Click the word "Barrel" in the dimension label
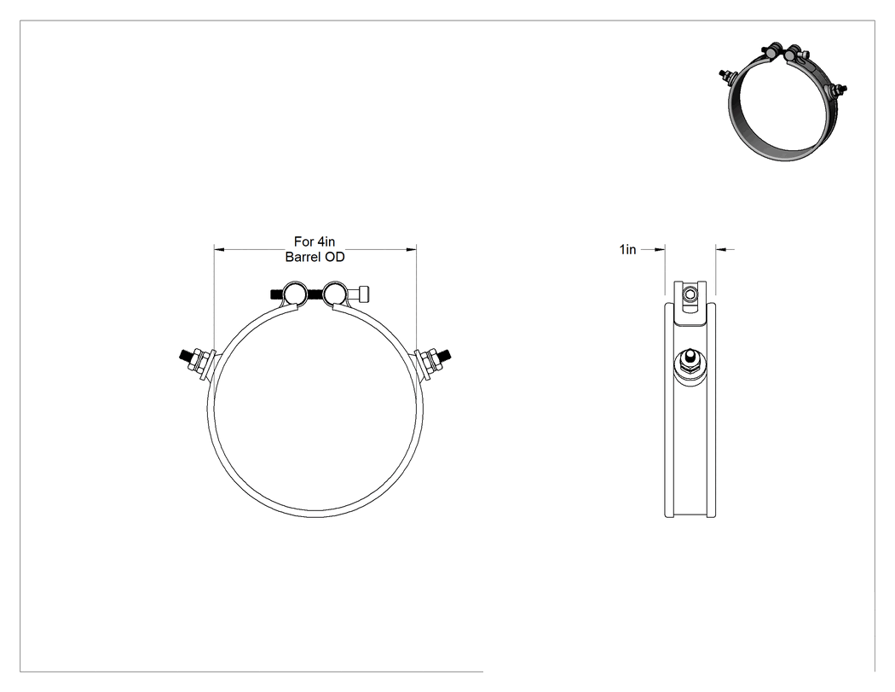[x=303, y=257]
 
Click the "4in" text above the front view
[x=326, y=241]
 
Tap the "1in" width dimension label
[x=628, y=250]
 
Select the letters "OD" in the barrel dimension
[x=335, y=257]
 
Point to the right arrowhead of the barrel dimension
[x=412, y=249]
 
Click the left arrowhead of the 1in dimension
[x=661, y=249]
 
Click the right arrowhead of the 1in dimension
[x=720, y=249]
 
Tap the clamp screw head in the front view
[x=362, y=294]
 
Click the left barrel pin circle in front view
[x=297, y=294]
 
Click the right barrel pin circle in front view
[x=334, y=294]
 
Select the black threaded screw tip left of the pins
[x=277, y=294]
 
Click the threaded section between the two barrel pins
[x=315, y=295]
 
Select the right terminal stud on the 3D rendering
[x=839, y=89]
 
